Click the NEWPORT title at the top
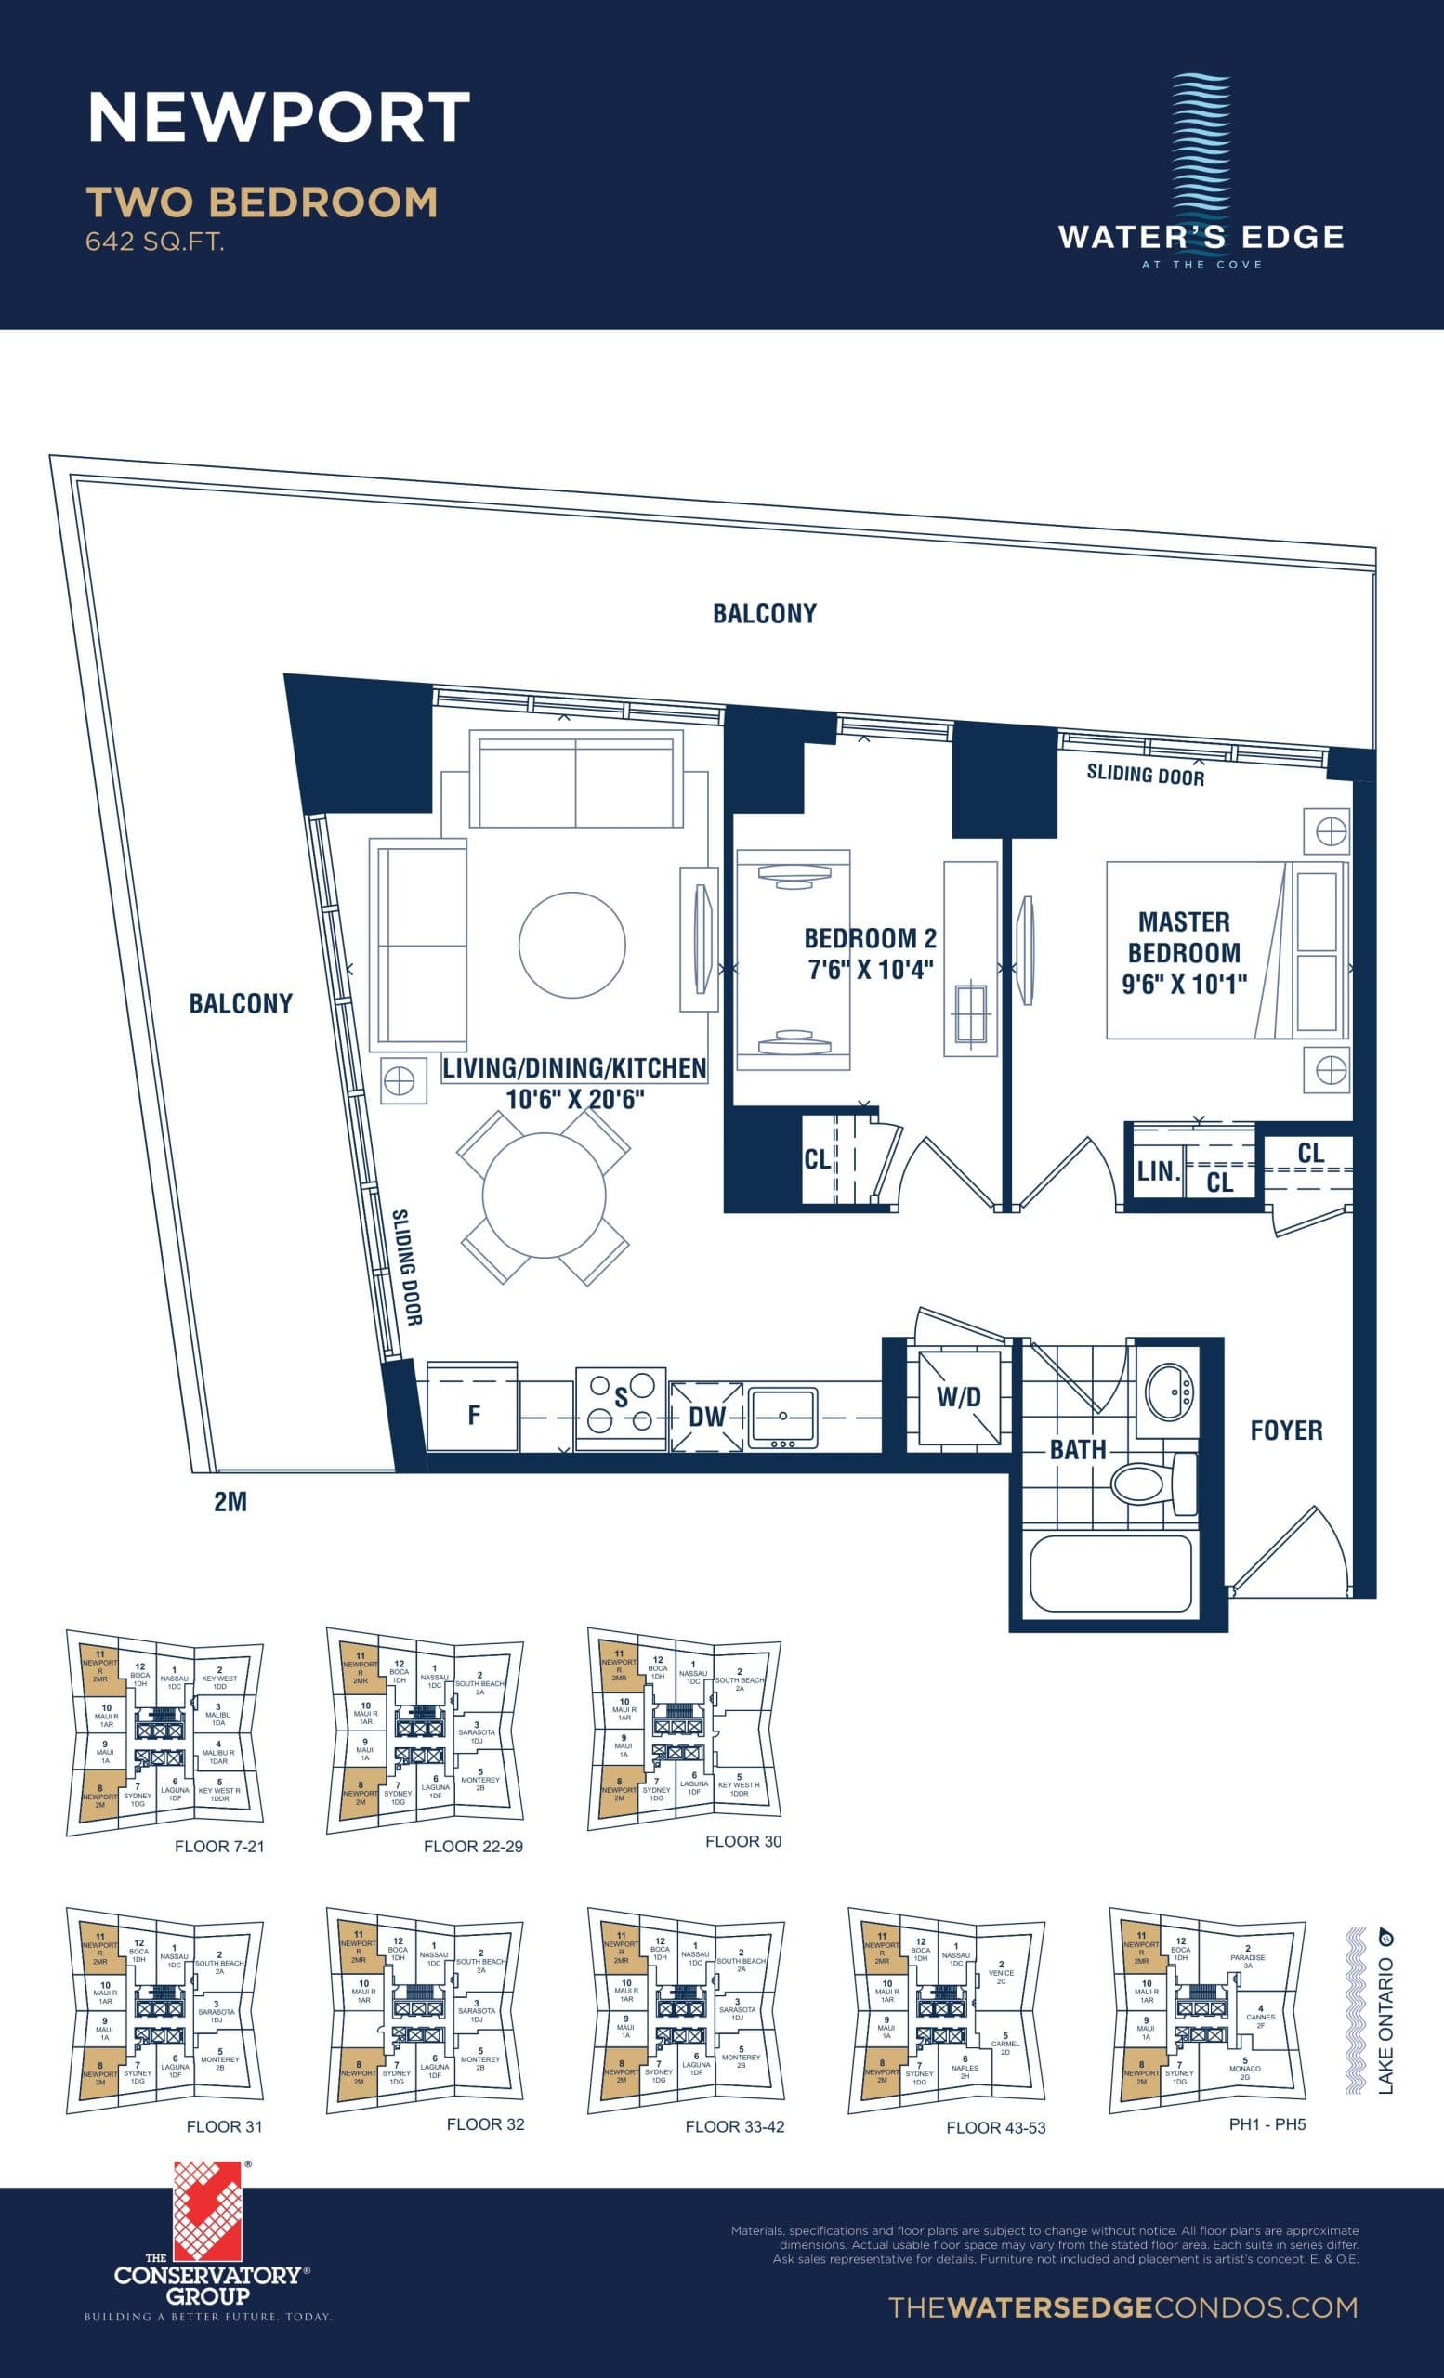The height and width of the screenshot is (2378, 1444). (x=279, y=118)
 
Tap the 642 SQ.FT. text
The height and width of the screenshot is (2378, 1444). (x=154, y=242)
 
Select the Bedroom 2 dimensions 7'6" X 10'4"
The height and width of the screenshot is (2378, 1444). (x=870, y=969)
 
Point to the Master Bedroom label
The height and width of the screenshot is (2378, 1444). (x=1184, y=937)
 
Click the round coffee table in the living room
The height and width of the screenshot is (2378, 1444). (x=571, y=944)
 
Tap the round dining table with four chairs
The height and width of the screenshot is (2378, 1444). (x=544, y=1196)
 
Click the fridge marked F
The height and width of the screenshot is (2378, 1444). (x=473, y=1415)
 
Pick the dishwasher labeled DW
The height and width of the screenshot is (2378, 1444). (x=706, y=1417)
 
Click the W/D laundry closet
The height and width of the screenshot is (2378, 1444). (x=957, y=1396)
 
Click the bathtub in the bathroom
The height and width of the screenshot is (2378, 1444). (x=1110, y=1574)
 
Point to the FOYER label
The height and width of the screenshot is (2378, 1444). (x=1286, y=1431)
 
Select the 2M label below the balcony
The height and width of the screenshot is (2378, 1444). (x=230, y=1502)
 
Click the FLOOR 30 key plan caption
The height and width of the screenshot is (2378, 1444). (x=743, y=1841)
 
